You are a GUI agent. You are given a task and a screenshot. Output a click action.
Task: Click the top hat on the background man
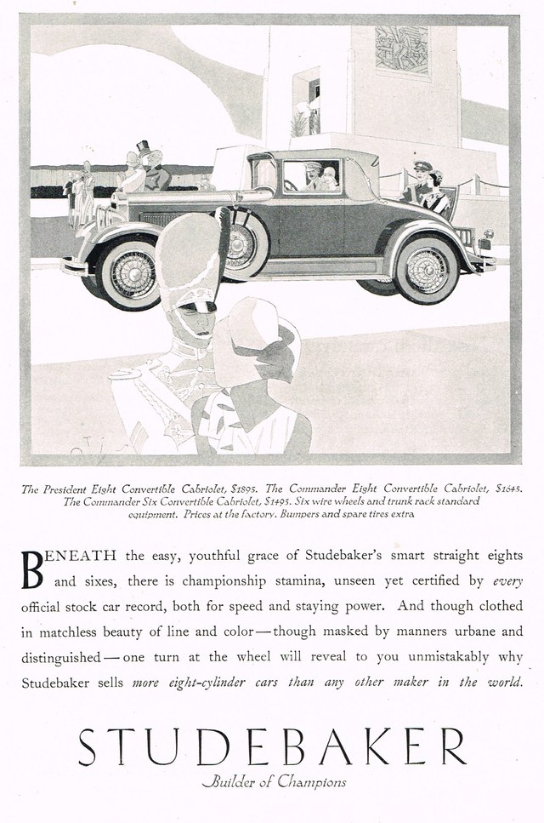click(143, 147)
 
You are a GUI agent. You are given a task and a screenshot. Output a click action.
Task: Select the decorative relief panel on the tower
click(401, 49)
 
